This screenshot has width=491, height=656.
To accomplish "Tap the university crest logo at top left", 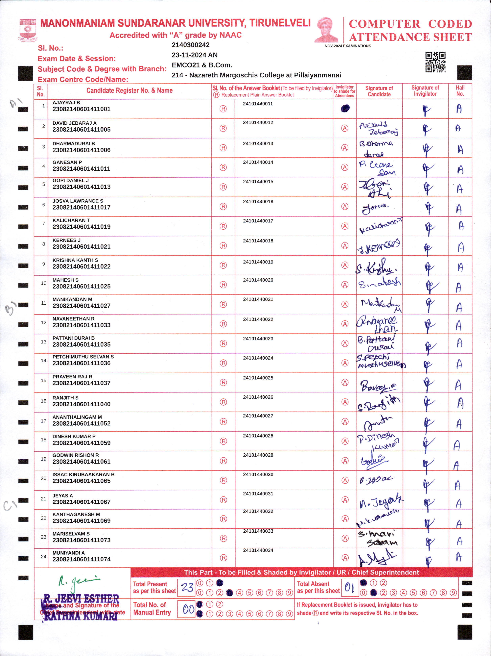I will point(28,30).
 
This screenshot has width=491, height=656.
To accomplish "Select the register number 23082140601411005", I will point(82,130).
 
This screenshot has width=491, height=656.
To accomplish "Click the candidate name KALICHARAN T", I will point(71,220).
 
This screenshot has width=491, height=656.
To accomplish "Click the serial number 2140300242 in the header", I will point(191,45).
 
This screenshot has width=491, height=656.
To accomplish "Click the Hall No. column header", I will point(460,91).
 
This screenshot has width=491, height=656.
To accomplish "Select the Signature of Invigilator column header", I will point(425,91).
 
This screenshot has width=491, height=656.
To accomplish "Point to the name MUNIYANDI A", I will point(68,553).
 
